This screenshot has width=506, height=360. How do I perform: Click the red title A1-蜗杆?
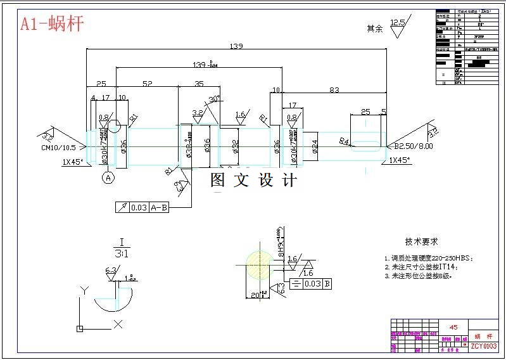click(52, 25)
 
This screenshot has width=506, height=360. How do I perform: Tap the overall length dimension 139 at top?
click(236, 46)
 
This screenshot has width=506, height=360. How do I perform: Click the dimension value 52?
click(147, 84)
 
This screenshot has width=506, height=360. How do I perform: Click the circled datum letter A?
click(108, 178)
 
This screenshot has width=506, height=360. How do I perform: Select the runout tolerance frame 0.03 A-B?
click(142, 207)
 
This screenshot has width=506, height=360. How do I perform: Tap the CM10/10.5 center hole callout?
click(58, 147)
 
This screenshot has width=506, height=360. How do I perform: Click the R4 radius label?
click(345, 141)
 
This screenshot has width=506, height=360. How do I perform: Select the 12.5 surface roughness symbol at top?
click(398, 24)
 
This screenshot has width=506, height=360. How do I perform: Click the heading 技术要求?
click(421, 242)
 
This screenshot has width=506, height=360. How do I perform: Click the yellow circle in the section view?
click(256, 265)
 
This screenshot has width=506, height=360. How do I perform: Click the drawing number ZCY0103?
click(483, 346)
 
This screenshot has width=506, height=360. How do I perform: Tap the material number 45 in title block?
click(453, 327)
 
